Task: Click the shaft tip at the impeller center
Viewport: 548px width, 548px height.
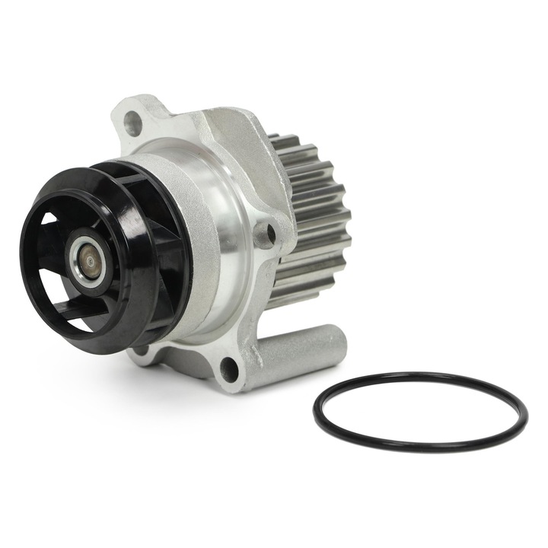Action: pos(90,261)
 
